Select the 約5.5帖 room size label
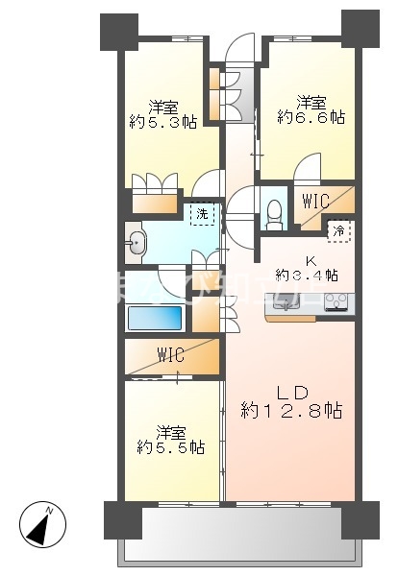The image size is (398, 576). [x=170, y=446]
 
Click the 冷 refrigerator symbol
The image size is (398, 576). [x=339, y=229]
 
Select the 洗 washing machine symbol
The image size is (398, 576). [x=202, y=214]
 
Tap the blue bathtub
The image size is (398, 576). [x=155, y=317]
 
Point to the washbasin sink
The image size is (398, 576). [x=137, y=242]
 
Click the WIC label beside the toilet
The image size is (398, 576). [x=315, y=202]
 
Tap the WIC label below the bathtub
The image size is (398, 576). [x=172, y=355]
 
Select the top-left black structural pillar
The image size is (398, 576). [x=118, y=32]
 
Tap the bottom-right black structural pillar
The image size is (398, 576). [x=360, y=520]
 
